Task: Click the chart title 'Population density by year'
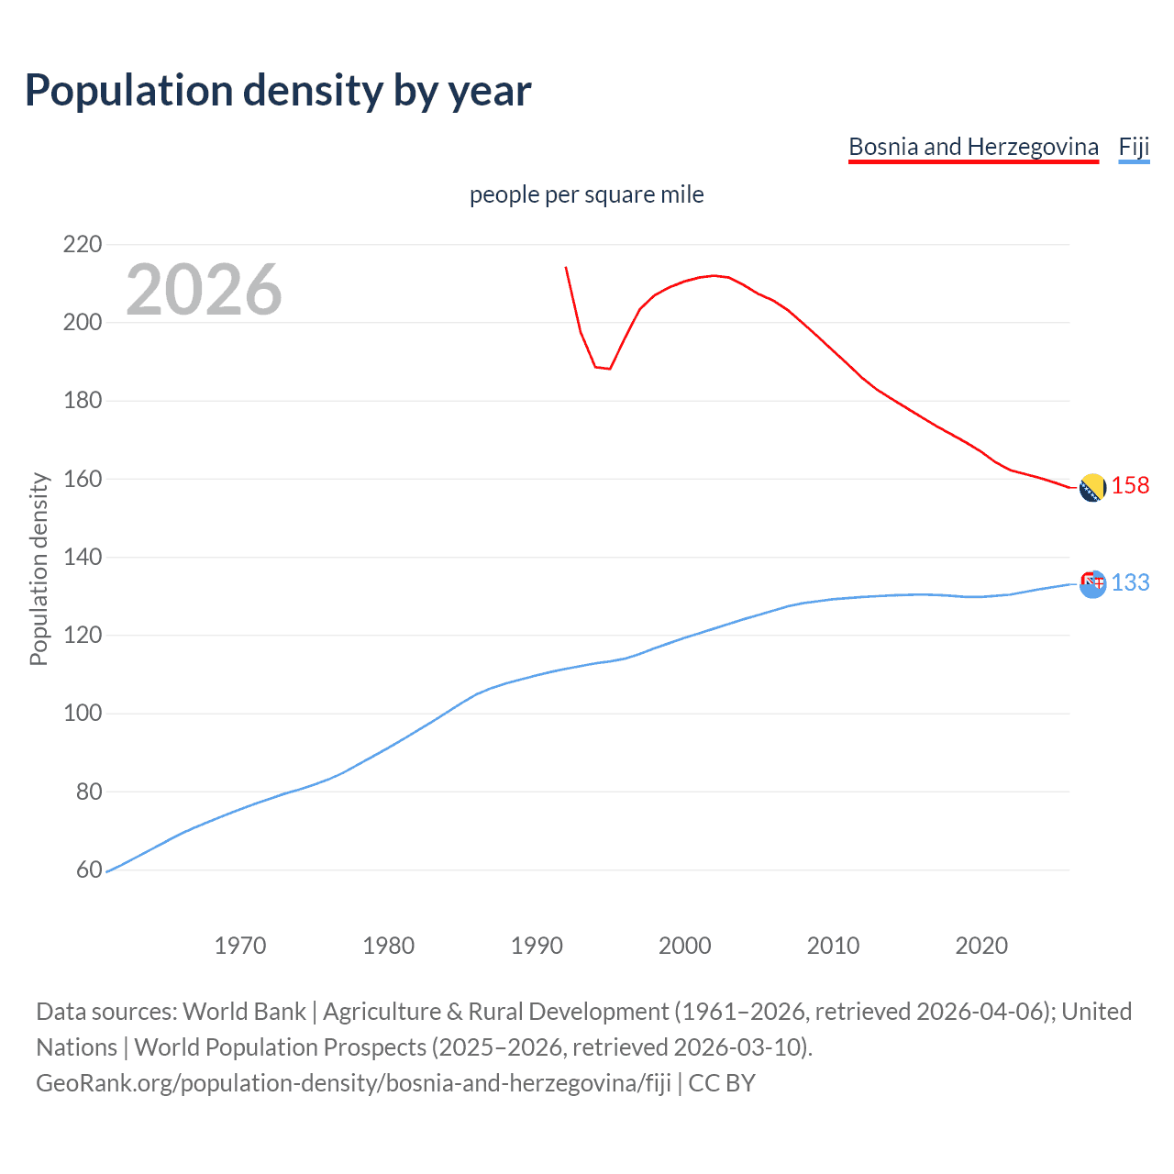278,91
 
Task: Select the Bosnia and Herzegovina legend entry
973,147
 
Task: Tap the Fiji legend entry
1134,147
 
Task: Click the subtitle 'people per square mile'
586,194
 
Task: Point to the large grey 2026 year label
204,290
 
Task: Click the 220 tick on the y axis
83,244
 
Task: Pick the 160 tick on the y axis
83,479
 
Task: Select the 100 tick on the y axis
83,714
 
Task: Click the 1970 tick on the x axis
240,946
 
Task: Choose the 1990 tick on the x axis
537,946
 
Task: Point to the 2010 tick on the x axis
833,946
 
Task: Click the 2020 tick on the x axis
981,946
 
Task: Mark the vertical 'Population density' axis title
39,569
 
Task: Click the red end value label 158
1130,485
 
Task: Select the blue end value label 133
1130,582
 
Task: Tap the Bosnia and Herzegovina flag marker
1092,488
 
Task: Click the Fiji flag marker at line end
1092,583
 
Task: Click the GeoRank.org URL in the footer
353,1083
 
